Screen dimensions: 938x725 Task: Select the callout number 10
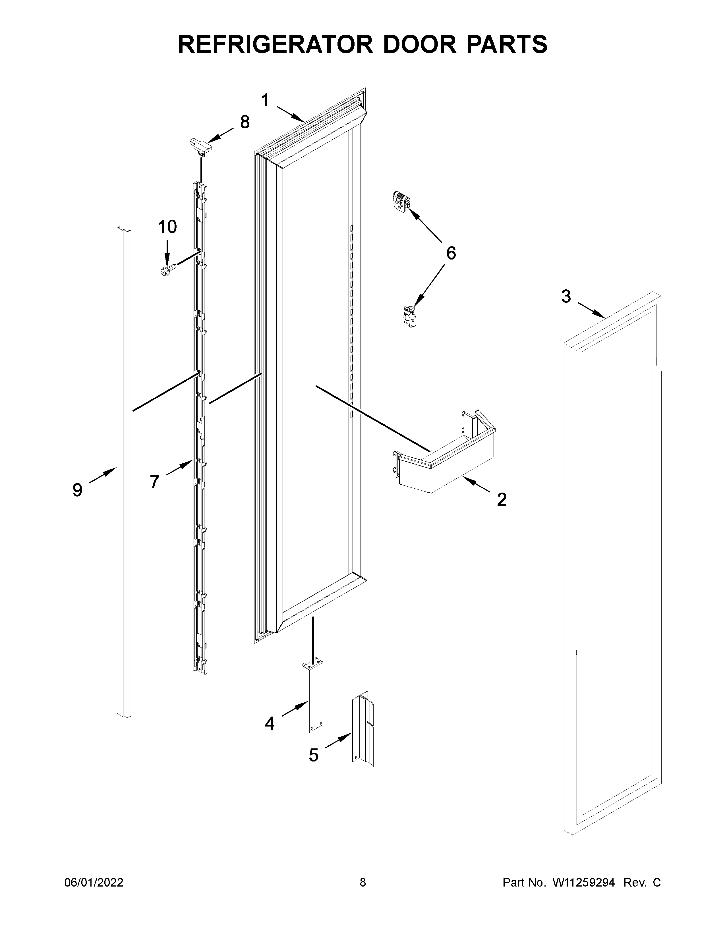(167, 227)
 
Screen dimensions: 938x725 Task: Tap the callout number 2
(502, 499)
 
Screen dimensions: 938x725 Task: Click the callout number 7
(155, 482)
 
